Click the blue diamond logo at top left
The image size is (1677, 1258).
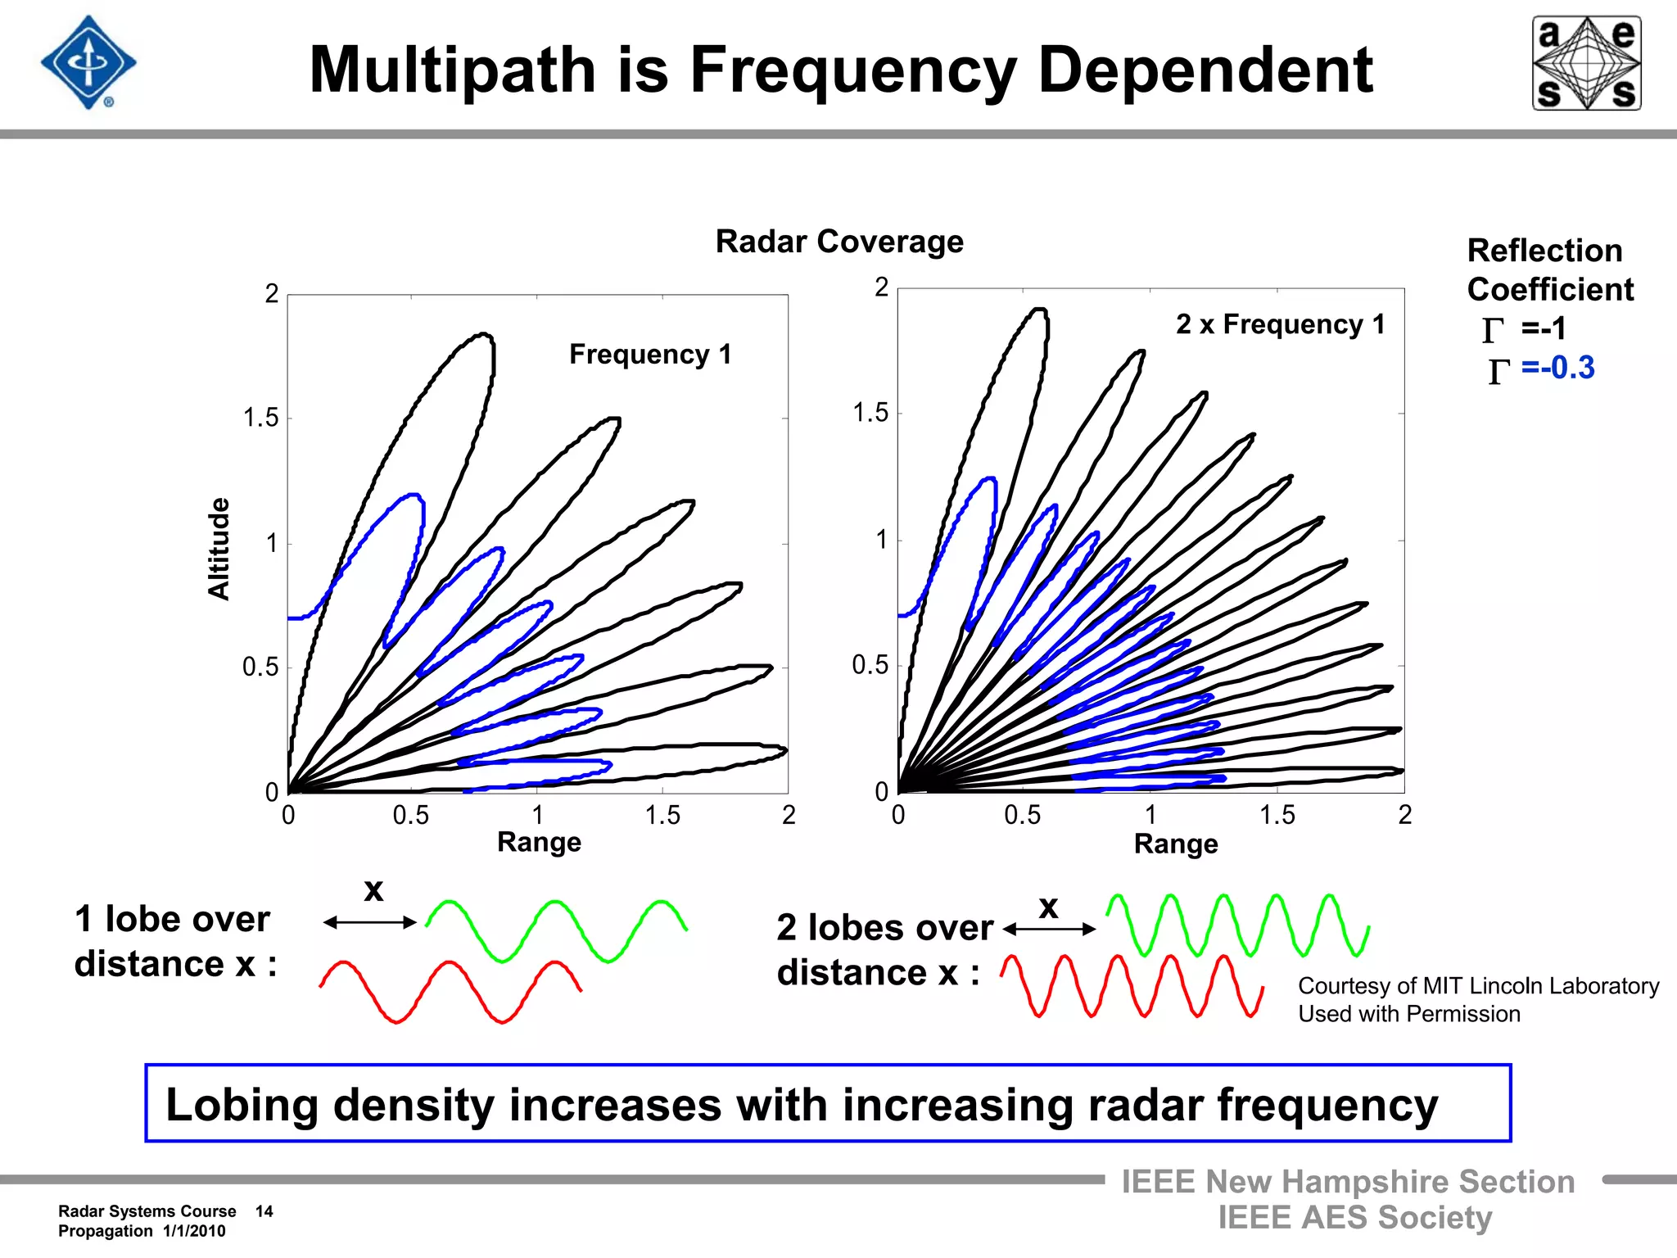[88, 63]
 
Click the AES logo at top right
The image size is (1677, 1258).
[1586, 63]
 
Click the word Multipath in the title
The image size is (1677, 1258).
[452, 70]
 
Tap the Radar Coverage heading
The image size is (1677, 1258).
[839, 242]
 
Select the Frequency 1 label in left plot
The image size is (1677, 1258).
[650, 354]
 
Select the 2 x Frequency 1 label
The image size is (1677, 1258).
[1280, 324]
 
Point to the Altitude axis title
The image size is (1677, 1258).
[219, 549]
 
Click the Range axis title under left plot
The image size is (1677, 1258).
[539, 842]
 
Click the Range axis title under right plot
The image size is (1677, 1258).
[1175, 844]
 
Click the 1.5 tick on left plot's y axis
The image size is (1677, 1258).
[260, 419]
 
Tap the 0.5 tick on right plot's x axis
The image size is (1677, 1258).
[1023, 815]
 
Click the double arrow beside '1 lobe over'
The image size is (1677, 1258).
[370, 922]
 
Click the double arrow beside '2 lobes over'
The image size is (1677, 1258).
[1049, 929]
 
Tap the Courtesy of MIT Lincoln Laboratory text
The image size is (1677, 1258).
[1478, 986]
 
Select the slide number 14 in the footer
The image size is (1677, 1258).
[264, 1211]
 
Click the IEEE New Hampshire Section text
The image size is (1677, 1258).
[1348, 1182]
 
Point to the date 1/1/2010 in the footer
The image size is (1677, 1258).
[194, 1231]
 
